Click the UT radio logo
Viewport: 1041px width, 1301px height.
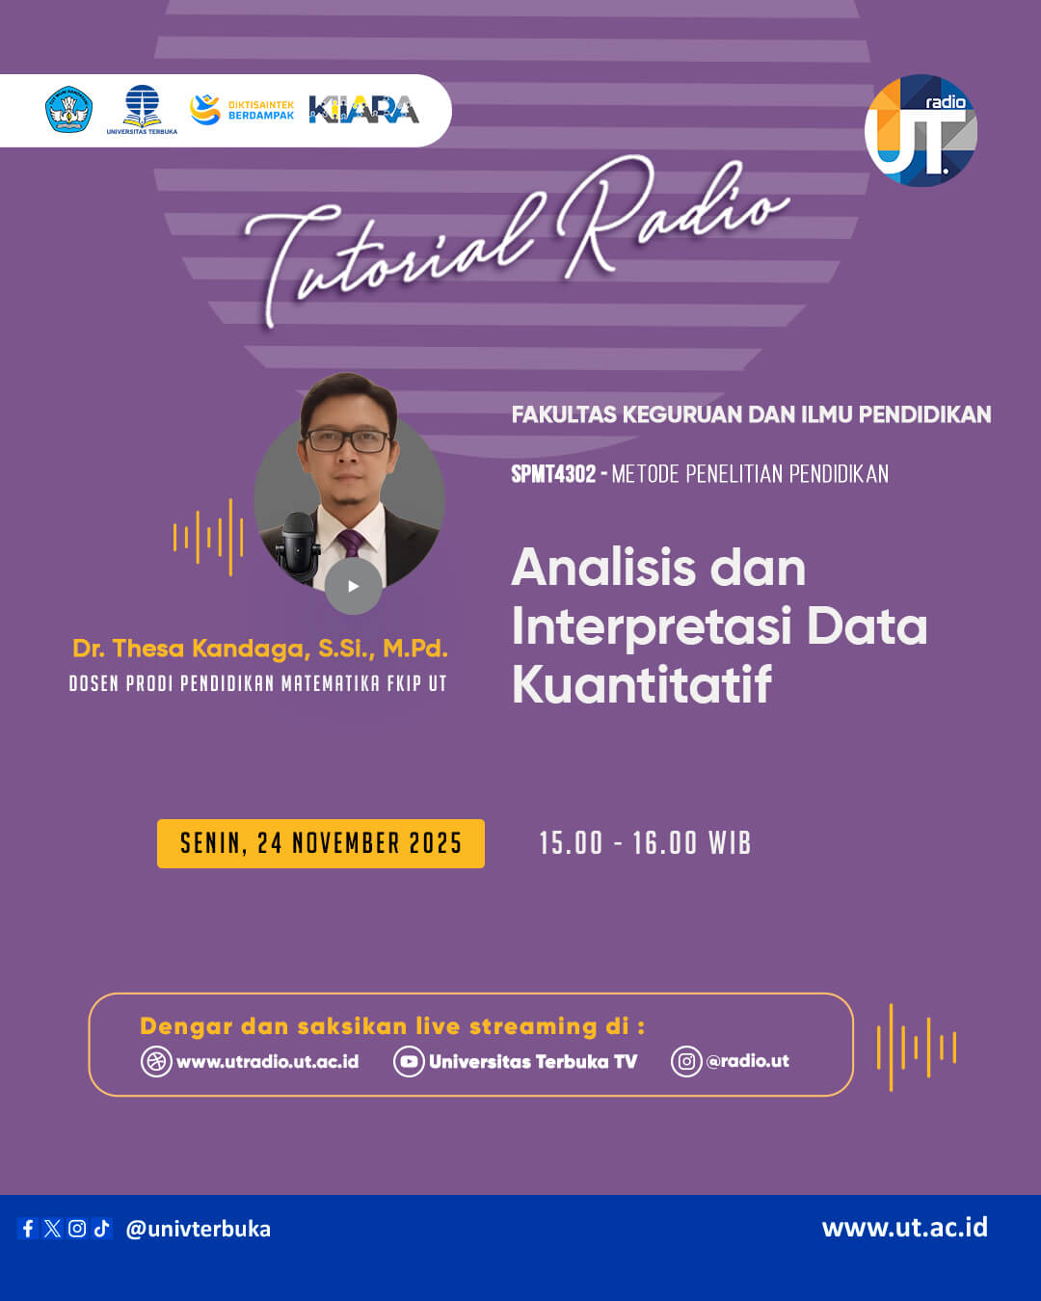[921, 130]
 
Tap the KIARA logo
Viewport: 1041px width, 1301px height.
[363, 110]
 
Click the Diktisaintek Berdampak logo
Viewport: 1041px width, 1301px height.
[242, 110]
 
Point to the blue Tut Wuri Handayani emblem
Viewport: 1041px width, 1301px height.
[69, 110]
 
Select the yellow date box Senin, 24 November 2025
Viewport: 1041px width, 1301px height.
[321, 843]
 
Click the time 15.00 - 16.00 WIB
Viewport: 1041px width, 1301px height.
[645, 843]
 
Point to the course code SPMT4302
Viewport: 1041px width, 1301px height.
[553, 474]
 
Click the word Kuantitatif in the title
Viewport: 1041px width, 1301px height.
[642, 685]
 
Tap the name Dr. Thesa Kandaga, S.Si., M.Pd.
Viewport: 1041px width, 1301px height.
[260, 649]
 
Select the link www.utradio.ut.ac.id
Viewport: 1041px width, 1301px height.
[267, 1061]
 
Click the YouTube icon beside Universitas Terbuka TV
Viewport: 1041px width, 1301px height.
[409, 1061]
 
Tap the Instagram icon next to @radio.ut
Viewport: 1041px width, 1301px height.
[686, 1061]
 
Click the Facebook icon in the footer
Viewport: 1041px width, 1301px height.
[28, 1228]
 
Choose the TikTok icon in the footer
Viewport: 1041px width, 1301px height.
[102, 1228]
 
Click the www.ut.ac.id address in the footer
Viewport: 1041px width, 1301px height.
[904, 1227]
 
